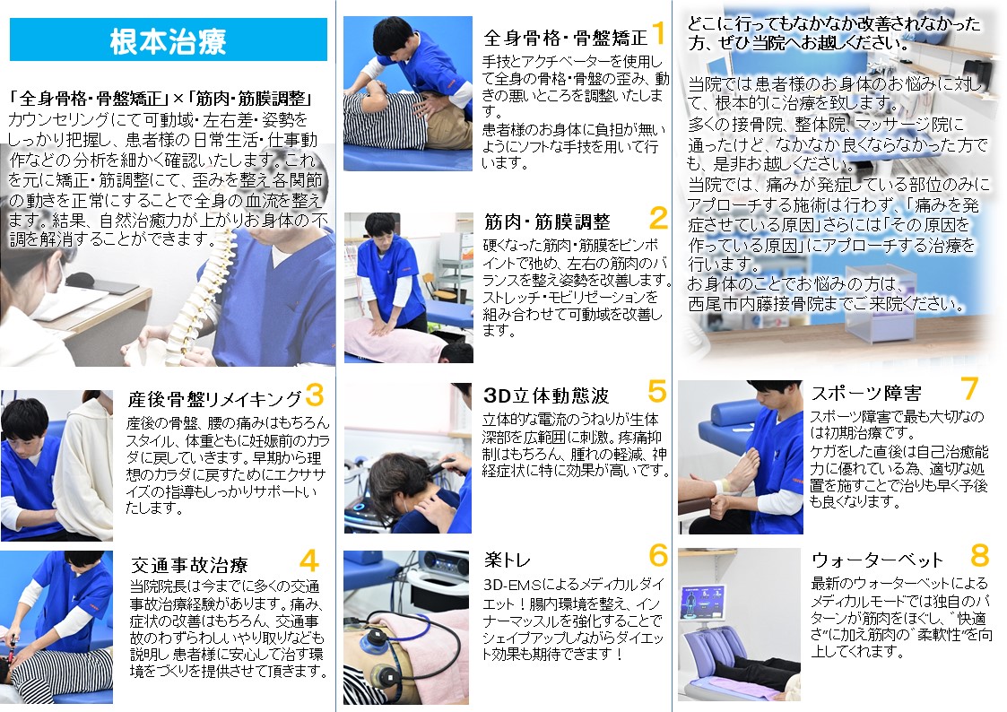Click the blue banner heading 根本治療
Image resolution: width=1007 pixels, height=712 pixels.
pos(169,39)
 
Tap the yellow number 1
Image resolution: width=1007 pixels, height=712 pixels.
pos(658,33)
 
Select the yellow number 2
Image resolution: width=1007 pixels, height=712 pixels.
pos(658,218)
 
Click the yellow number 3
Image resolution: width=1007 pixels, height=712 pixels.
pos(315,395)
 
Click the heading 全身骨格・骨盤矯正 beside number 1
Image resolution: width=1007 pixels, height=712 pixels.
pos(565,38)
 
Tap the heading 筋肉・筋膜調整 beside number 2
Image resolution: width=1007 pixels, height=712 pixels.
pos(547,222)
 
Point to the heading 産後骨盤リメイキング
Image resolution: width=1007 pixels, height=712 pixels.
pos(214,399)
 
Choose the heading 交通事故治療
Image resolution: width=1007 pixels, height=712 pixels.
pos(189,565)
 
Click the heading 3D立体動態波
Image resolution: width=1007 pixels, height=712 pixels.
pos(546,395)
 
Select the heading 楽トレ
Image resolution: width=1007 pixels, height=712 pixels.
pos(508,560)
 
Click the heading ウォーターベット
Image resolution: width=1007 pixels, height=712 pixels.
pos(877,560)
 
